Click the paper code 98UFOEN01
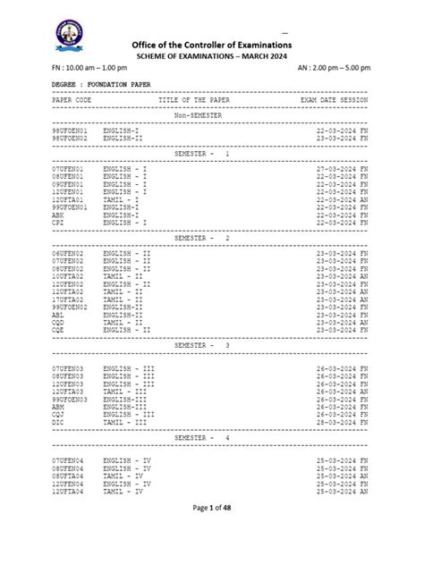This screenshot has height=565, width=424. pyautogui.click(x=70, y=131)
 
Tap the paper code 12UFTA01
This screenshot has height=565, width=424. pyautogui.click(x=68, y=199)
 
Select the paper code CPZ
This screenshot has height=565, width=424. pyautogui.click(x=58, y=222)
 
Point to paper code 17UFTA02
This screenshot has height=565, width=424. pyautogui.click(x=68, y=299)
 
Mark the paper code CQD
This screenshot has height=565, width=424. pyautogui.click(x=58, y=322)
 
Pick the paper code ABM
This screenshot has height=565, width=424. pyautogui.click(x=58, y=405)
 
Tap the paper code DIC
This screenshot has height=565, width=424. pyautogui.click(x=58, y=420)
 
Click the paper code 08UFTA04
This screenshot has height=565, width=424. pyautogui.click(x=68, y=476)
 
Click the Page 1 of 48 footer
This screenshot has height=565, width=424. pyautogui.click(x=211, y=534)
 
